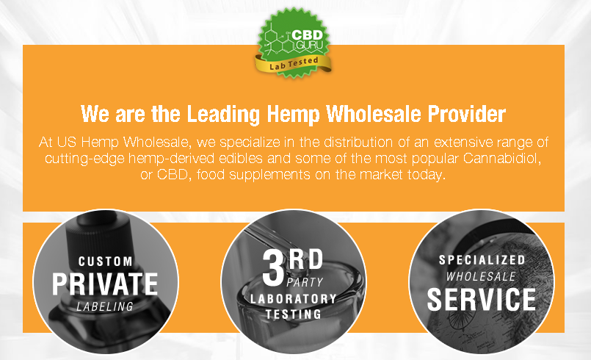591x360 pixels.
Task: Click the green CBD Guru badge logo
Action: [x=294, y=43]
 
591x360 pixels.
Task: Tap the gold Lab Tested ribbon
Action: [x=293, y=64]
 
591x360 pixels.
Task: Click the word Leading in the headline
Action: [x=223, y=114]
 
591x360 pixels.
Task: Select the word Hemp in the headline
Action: [x=294, y=115]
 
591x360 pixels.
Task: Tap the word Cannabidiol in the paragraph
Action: [x=502, y=158]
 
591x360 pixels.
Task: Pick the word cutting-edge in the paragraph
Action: [x=84, y=159]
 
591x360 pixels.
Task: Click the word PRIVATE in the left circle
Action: [x=105, y=284]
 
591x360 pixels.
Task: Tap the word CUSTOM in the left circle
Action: [x=105, y=261]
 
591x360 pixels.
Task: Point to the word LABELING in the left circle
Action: [x=105, y=306]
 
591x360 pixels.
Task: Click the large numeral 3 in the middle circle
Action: [x=273, y=267]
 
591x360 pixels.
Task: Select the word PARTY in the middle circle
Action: [x=305, y=282]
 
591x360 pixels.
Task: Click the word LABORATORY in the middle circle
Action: [x=293, y=299]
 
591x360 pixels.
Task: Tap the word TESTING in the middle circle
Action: [x=293, y=314]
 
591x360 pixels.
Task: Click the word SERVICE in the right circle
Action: [x=482, y=300]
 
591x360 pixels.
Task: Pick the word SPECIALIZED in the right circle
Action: [x=482, y=260]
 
